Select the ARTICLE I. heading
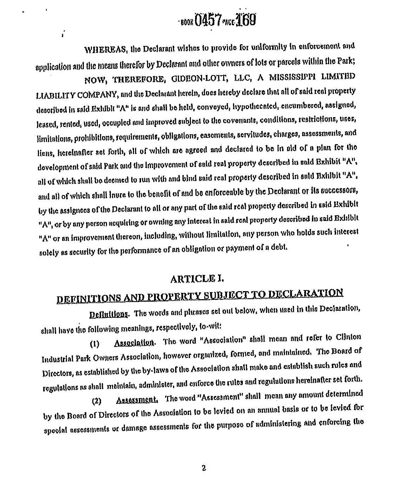[197, 279]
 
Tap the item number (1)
[95, 344]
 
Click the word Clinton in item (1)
[348, 337]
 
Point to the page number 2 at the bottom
[204, 468]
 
